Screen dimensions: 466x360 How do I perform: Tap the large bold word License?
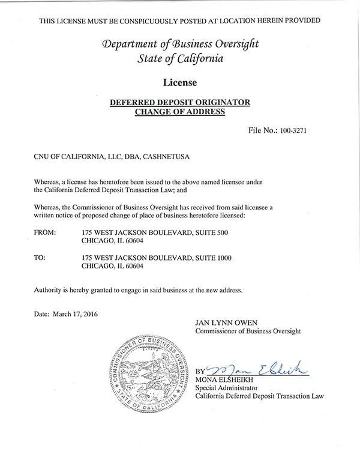click(x=179, y=80)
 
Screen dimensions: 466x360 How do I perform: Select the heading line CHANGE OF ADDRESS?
click(x=179, y=112)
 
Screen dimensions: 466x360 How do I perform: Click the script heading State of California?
click(x=180, y=58)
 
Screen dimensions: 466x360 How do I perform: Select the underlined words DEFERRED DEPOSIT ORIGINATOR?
click(x=179, y=102)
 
